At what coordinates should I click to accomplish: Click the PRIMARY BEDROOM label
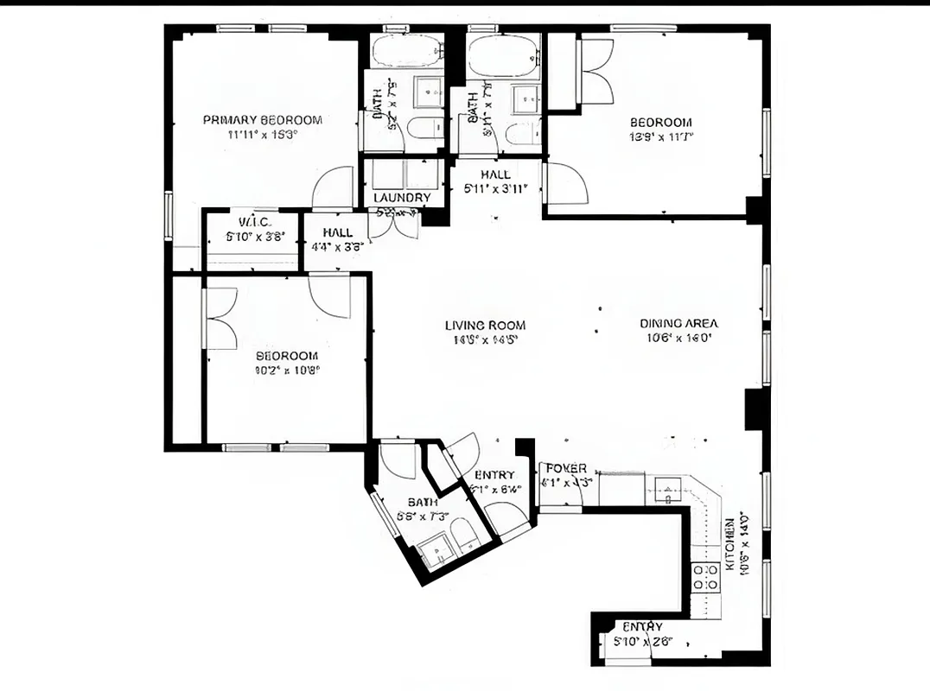263,120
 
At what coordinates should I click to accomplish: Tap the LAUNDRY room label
402,198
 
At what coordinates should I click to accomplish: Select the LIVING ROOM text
485,326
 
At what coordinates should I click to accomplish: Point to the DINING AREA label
678,324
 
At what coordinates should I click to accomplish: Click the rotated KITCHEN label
730,542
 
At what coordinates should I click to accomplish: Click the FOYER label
566,468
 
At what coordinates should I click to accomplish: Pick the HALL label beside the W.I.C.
337,233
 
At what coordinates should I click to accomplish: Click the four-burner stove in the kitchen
707,577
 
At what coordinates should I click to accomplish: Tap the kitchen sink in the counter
667,490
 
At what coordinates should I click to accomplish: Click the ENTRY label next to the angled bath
494,475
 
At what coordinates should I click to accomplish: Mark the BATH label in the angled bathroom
423,502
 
